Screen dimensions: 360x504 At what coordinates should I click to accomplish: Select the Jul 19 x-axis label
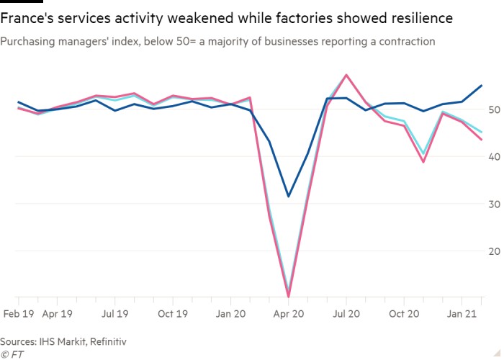pyautogui.click(x=114, y=314)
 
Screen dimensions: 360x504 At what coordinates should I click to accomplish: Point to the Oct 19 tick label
pyautogui.click(x=173, y=314)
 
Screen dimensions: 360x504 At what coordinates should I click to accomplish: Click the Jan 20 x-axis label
pyautogui.click(x=230, y=314)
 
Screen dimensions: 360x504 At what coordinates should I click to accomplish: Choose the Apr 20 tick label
pyautogui.click(x=288, y=314)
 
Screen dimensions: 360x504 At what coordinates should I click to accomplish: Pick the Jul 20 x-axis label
pyautogui.click(x=347, y=314)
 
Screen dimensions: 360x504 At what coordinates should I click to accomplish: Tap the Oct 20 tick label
pyautogui.click(x=405, y=314)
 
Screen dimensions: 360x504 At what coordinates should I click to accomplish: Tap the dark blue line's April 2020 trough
pyautogui.click(x=289, y=196)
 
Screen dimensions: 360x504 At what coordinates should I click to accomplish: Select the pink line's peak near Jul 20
pyautogui.click(x=347, y=75)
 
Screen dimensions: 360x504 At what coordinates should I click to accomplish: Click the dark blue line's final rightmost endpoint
pyautogui.click(x=481, y=86)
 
